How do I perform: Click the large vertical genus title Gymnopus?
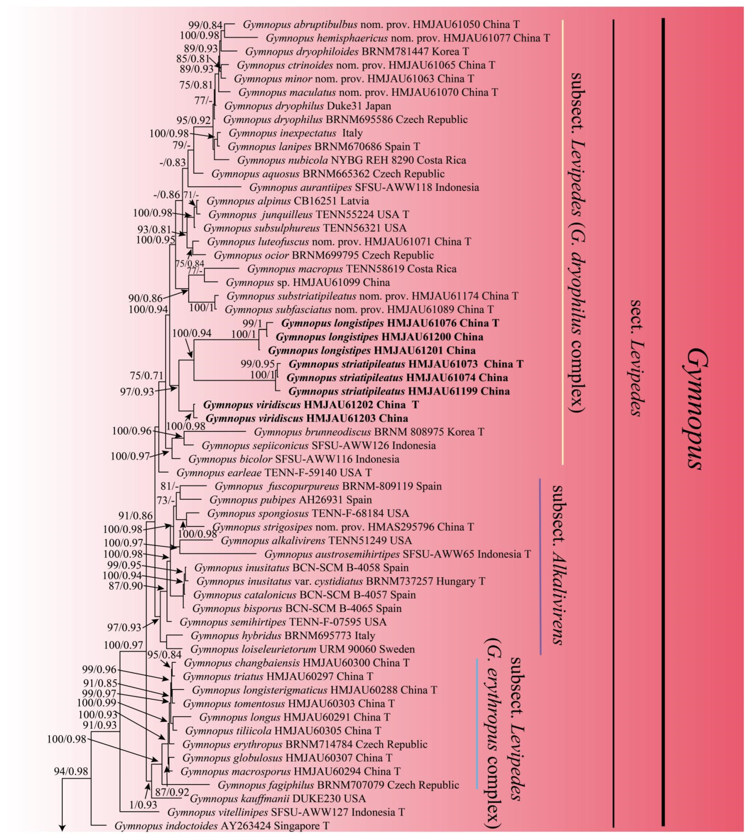point(695,409)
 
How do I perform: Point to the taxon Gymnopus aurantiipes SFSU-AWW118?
point(364,187)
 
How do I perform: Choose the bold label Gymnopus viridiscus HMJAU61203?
point(307,418)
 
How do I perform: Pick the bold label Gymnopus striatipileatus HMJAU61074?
point(397,378)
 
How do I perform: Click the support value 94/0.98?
point(71,771)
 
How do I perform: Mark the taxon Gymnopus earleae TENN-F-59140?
point(274,472)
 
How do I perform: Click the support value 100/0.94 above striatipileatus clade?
point(192,333)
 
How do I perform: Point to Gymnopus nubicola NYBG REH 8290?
point(351,160)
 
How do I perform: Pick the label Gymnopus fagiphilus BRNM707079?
point(338,785)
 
